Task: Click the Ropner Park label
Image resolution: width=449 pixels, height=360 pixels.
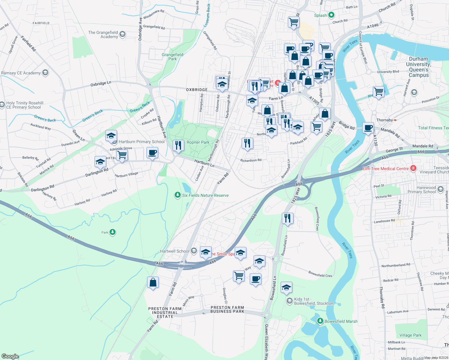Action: [198, 142]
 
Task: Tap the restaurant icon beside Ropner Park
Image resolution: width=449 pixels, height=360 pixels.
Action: [178, 146]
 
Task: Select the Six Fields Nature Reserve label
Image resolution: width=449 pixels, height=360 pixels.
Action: [205, 195]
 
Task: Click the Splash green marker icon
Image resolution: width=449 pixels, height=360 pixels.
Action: [331, 15]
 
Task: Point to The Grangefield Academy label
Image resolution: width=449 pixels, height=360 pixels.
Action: [103, 34]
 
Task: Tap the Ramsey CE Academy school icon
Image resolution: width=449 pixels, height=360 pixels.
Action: [45, 73]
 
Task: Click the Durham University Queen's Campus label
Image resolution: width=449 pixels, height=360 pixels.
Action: [418, 67]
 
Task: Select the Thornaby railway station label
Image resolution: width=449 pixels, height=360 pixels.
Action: [384, 120]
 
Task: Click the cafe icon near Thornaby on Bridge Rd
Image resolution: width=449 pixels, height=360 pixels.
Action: [368, 128]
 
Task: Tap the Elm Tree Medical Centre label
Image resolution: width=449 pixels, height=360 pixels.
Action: [386, 169]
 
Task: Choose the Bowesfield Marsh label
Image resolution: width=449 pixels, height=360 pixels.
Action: [341, 321]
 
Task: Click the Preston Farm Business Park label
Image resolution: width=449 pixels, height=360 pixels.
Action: [227, 309]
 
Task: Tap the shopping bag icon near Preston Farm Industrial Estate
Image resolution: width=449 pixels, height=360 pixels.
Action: [153, 283]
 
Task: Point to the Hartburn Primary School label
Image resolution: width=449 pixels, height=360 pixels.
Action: [142, 142]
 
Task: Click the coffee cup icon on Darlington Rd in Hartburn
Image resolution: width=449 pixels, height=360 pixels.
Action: [152, 153]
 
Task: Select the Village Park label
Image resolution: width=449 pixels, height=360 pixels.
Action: [410, 335]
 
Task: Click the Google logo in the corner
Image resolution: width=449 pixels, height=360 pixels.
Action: [10, 356]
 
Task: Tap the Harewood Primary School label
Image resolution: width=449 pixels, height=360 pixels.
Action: [421, 190]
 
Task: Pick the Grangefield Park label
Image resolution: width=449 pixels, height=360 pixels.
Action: [173, 57]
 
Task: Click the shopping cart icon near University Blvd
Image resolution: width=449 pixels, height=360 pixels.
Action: [379, 92]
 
